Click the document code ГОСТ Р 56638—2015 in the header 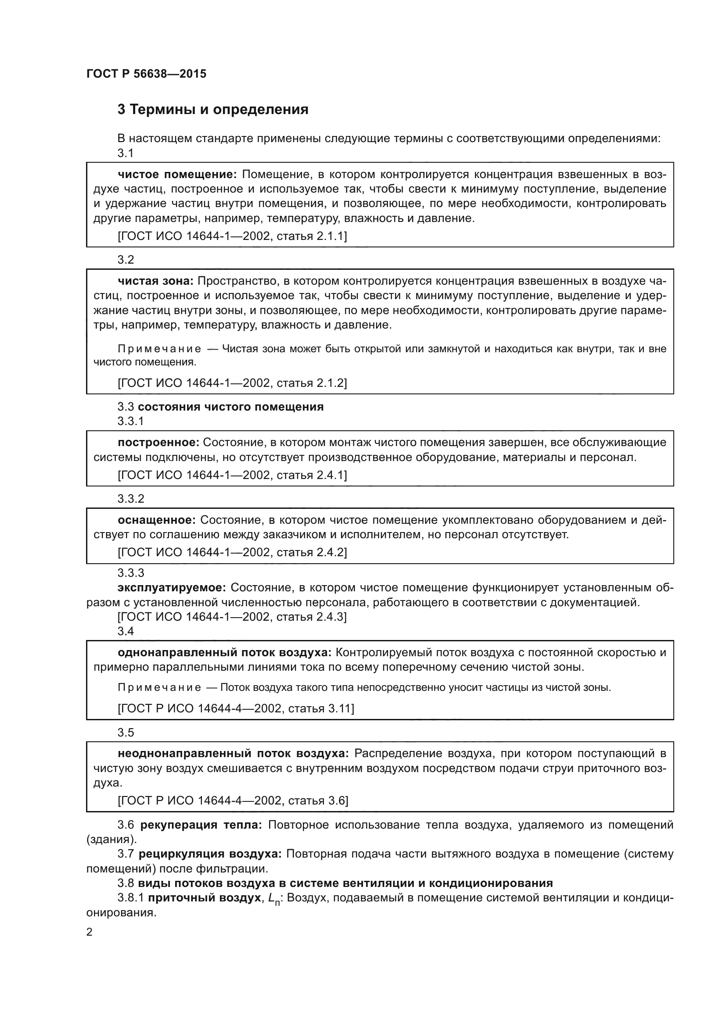146,74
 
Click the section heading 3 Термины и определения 213,110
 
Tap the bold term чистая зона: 155,281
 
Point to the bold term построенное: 158,443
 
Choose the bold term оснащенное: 156,520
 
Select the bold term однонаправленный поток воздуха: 224,652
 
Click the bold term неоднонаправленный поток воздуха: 233,754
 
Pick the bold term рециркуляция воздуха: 210,854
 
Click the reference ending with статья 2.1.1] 232,236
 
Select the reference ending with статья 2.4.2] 232,552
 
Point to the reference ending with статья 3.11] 236,708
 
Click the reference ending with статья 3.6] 233,801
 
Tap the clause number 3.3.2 130,499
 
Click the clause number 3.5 126,733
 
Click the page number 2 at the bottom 90,932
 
